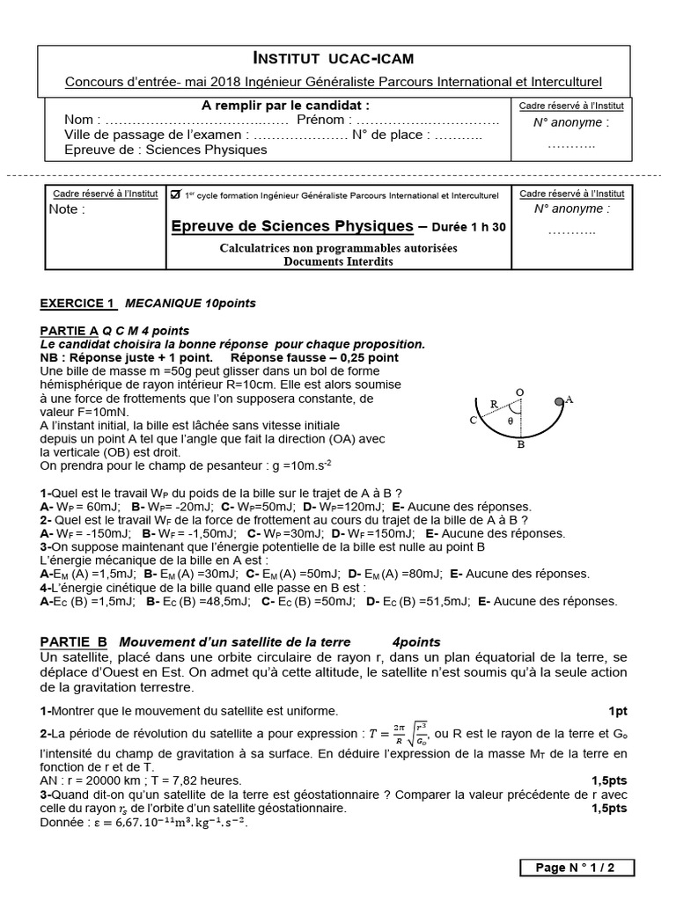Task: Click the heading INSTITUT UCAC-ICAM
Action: click(x=334, y=59)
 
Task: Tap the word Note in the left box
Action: click(x=67, y=209)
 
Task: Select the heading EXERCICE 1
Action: click(x=77, y=304)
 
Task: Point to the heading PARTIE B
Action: click(x=74, y=642)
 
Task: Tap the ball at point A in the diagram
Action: click(x=558, y=400)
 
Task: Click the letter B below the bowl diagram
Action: click(x=520, y=445)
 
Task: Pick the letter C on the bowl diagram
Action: click(x=473, y=420)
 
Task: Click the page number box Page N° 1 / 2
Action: click(x=576, y=868)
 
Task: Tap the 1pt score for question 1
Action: click(x=617, y=711)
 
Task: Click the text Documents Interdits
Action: click(x=338, y=261)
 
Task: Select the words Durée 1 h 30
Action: click(x=467, y=227)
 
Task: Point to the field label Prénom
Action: click(x=322, y=121)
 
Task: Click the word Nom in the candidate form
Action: click(x=79, y=121)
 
